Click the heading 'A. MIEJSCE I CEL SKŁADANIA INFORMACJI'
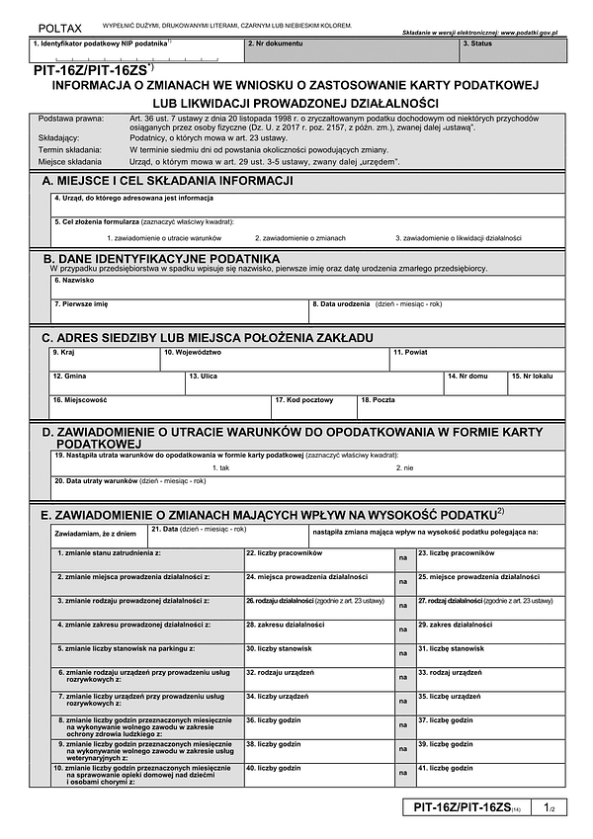coord(167,180)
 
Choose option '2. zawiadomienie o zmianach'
coord(299,238)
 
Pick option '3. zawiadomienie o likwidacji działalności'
coord(458,238)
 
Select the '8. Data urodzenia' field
coord(438,312)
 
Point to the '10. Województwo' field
coord(274,359)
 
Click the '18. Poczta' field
coord(461,407)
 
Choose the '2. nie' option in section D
coord(404,467)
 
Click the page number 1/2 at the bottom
coord(551,808)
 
